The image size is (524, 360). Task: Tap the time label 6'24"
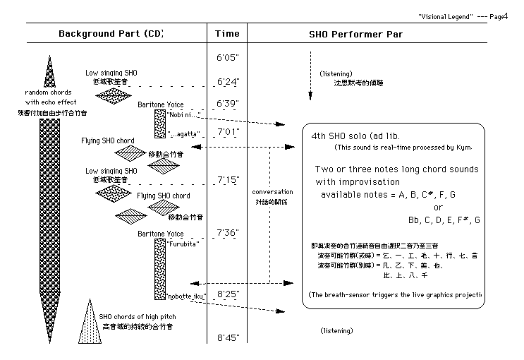tap(227, 83)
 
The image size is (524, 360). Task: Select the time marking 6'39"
tap(227, 104)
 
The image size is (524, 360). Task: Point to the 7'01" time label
tap(227, 132)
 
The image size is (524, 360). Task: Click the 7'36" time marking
tap(227, 232)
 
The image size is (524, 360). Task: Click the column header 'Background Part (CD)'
tap(111, 33)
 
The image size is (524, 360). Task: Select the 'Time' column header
tap(227, 33)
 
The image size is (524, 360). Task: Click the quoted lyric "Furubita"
tap(183, 244)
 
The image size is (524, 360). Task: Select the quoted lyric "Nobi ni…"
tap(184, 114)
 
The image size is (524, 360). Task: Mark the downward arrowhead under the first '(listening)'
tap(310, 97)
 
